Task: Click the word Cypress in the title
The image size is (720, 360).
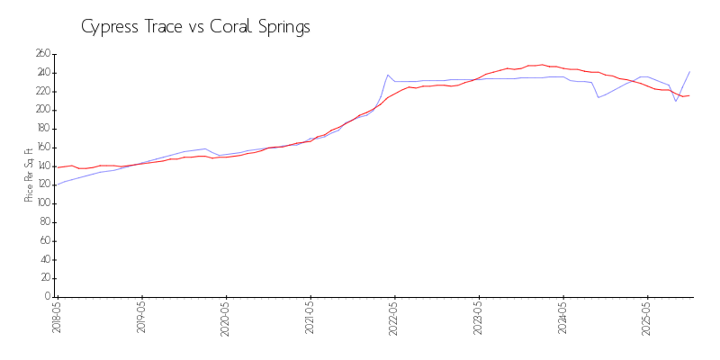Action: pos(107,27)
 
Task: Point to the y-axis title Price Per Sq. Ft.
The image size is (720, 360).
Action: pos(29,175)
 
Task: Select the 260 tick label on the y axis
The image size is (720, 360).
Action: pos(42,54)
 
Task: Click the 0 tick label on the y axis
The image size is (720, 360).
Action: pos(48,297)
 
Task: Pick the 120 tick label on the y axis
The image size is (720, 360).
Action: pos(42,185)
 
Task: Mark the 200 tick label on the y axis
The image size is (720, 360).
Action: pos(42,110)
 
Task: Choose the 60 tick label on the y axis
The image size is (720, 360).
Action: pos(44,241)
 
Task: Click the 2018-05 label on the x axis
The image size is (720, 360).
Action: pos(58,318)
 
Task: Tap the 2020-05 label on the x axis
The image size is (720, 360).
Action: pos(226,318)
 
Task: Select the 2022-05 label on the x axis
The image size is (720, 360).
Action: pos(394,318)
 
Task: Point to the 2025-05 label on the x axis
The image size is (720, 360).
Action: pos(647,318)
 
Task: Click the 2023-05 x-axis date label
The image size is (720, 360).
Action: pos(479,318)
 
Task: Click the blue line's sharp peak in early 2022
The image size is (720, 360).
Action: pos(388,75)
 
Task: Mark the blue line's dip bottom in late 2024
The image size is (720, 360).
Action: pos(598,97)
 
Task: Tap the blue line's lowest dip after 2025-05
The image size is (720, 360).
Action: pos(676,101)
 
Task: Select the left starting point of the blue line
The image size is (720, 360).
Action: pos(58,184)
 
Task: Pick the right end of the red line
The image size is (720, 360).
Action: pos(689,95)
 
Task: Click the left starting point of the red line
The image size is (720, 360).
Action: pos(58,167)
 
